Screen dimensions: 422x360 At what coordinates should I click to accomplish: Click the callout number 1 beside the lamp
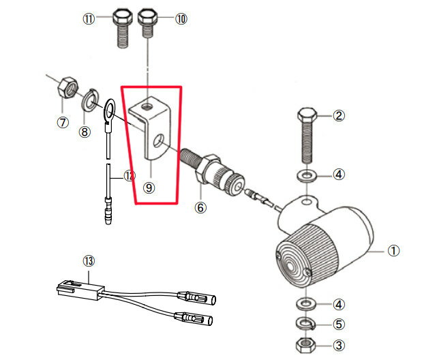[393, 251]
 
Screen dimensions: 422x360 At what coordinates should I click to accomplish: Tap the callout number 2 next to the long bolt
[339, 116]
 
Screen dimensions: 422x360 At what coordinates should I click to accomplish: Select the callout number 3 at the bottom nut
[339, 345]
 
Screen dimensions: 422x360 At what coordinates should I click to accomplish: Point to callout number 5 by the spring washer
[339, 324]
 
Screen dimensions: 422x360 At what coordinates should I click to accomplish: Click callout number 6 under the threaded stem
[200, 207]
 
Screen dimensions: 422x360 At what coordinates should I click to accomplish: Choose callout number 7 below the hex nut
[63, 123]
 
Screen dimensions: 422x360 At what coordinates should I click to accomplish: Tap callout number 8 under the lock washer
[85, 132]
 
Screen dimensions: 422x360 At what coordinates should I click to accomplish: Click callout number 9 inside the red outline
[149, 187]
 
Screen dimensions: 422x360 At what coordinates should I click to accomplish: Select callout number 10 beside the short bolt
[181, 19]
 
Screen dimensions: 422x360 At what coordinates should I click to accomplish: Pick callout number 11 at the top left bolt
[89, 19]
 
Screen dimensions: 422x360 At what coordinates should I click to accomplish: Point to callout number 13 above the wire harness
[89, 261]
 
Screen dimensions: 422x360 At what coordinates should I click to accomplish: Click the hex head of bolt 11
[123, 16]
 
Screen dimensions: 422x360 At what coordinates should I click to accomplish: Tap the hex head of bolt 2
[307, 115]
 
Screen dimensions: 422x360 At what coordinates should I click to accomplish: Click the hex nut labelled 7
[67, 87]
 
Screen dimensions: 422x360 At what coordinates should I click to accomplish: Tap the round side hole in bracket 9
[158, 140]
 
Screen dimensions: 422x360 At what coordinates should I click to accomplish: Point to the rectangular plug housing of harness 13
[80, 290]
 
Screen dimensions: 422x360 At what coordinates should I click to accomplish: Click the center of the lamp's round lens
[291, 266]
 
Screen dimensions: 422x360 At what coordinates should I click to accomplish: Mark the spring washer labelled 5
[305, 323]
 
